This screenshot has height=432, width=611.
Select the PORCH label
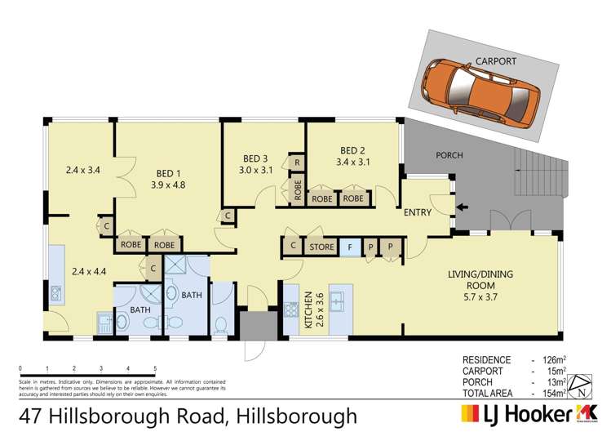click(x=449, y=155)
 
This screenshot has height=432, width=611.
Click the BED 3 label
click(x=255, y=158)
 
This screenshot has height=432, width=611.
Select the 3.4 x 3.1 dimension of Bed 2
click(x=352, y=162)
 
